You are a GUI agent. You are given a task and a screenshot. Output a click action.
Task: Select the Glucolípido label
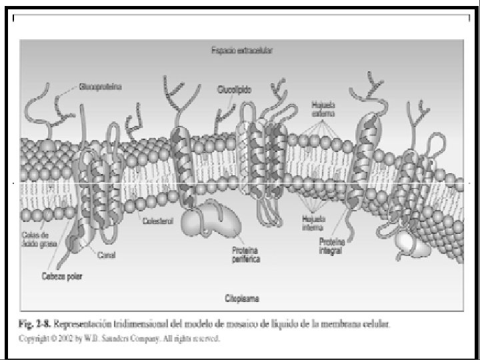[233, 89]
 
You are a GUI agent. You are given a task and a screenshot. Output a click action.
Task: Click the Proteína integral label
[331, 245]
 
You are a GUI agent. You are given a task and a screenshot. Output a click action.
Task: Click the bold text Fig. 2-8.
[32, 325]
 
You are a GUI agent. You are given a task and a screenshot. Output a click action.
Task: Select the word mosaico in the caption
[219, 325]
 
